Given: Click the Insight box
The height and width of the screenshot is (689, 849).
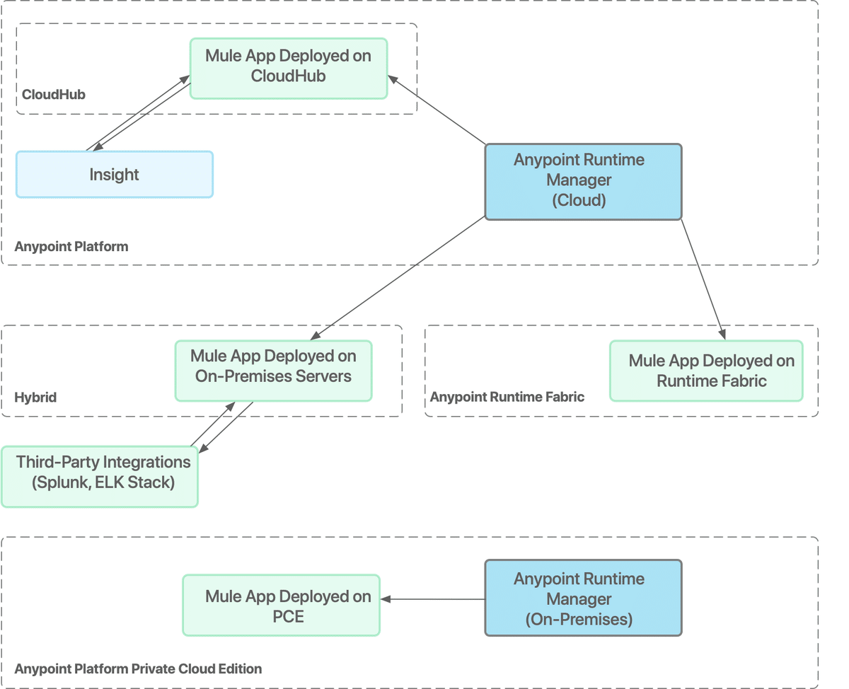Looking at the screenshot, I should (x=114, y=175).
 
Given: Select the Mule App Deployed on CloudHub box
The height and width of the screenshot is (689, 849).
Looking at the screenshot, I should (x=289, y=67).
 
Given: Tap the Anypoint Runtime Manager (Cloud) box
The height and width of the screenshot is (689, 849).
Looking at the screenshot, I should (x=582, y=181).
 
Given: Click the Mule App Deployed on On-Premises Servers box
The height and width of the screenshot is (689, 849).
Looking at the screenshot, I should (x=273, y=371).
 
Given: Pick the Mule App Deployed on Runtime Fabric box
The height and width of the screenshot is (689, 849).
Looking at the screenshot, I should (x=705, y=371).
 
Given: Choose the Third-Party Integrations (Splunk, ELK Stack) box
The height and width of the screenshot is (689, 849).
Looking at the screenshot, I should (x=100, y=476).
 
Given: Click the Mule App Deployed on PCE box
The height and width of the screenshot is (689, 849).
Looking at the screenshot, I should (x=281, y=605).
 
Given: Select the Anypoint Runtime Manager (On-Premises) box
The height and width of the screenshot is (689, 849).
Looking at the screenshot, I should (x=582, y=598).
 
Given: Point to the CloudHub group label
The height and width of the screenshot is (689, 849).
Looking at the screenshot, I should (x=54, y=94).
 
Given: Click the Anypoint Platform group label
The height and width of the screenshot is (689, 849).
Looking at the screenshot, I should (x=71, y=247).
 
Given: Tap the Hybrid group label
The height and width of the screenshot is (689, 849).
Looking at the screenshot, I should (x=35, y=398).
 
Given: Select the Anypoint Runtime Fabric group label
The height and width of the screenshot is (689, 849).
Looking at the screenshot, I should (x=507, y=397).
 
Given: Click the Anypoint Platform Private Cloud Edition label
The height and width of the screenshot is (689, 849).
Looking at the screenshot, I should (x=138, y=668).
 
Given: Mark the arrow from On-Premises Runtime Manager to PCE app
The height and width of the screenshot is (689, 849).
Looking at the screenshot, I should (x=432, y=600).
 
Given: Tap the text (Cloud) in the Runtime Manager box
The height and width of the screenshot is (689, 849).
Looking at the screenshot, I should (x=579, y=200).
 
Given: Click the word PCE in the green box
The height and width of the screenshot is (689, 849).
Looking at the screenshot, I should (x=288, y=616).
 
